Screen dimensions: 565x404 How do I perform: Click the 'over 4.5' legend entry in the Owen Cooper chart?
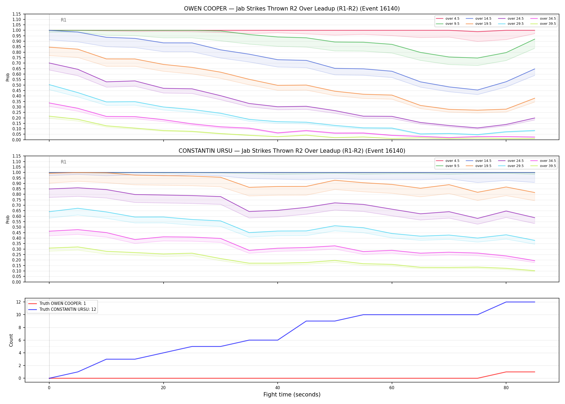coord(448,19)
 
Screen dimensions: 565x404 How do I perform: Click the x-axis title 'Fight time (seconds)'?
coord(292,395)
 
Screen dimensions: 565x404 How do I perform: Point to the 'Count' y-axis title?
coord(11,340)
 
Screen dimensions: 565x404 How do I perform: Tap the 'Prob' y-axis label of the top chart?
coord(8,77)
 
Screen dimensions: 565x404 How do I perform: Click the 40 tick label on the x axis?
coord(278,388)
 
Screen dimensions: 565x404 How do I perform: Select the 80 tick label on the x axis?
coord(506,388)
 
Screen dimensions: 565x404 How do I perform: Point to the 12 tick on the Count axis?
coord(19,302)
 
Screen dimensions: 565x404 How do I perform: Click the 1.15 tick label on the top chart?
coord(17,14)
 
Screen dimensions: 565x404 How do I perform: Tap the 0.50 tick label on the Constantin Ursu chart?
coord(17,227)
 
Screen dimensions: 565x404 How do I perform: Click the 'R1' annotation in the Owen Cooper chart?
coord(63,20)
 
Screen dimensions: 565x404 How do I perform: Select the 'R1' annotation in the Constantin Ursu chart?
coord(63,162)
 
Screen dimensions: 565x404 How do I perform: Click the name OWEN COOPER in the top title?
coord(206,9)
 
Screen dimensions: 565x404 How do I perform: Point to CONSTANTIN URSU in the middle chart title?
coord(205,151)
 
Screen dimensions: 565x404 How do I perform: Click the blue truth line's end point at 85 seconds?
coord(535,302)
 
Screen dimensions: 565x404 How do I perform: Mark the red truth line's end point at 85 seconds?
coord(535,372)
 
